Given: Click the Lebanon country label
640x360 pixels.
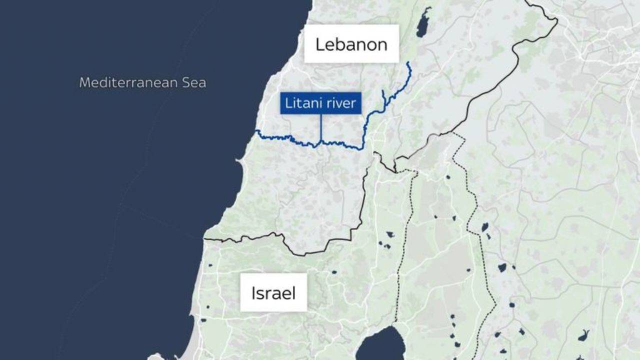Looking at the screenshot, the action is (351, 44).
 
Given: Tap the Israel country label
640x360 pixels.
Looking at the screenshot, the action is (273, 292).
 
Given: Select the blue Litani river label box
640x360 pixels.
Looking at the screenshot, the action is (320, 103).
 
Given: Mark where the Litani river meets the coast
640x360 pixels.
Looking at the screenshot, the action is (256, 131).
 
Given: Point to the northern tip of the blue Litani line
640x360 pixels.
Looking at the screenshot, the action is (408, 62).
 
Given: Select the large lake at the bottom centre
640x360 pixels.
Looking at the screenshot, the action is (382, 345).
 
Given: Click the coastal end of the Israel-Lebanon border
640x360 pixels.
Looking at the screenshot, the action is (205, 239).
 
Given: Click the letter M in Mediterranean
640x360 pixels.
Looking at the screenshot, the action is (84, 82).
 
